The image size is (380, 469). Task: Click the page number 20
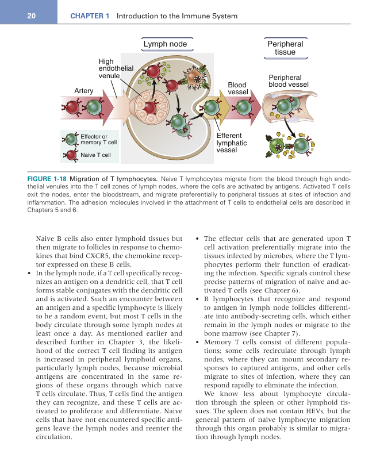[x=30, y=16]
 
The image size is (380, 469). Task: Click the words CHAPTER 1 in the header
[x=90, y=16]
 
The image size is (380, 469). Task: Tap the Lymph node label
[x=165, y=44]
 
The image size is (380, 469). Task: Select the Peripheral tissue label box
[x=285, y=48]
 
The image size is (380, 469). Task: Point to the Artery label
[x=84, y=90]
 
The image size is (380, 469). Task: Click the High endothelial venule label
[x=116, y=68]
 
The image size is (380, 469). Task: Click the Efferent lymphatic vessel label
[x=232, y=143]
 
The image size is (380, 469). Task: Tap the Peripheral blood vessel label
[x=289, y=81]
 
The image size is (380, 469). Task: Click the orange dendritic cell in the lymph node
[x=194, y=78]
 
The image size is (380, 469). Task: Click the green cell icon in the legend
[x=71, y=139]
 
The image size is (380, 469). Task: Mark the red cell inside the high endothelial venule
[x=149, y=107]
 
